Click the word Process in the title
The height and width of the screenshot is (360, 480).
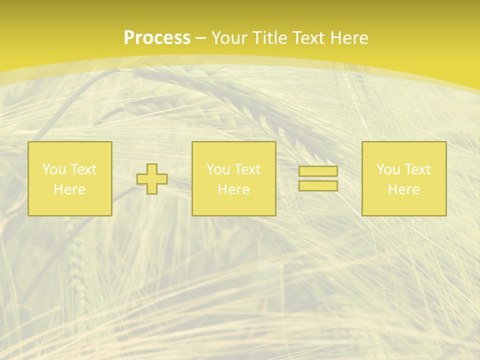coord(157,38)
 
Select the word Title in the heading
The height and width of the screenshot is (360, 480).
coord(271,38)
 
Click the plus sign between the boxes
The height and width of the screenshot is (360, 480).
coord(152,179)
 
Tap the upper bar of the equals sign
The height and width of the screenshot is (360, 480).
coord(318,171)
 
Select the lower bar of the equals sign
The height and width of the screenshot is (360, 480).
coord(318,186)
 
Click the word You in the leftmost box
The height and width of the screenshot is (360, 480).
coord(53,169)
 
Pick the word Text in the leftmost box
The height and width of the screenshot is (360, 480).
coord(83,169)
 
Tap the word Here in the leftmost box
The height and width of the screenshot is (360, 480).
coord(69,189)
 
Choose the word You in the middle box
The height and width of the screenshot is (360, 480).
coord(218,169)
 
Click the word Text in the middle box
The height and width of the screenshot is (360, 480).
coord(247,169)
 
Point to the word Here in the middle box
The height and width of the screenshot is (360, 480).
coord(233,189)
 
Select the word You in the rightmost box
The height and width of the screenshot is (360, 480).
coord(388,169)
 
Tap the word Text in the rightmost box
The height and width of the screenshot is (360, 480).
coord(417,169)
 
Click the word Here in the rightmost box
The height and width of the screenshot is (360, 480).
coord(403,189)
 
